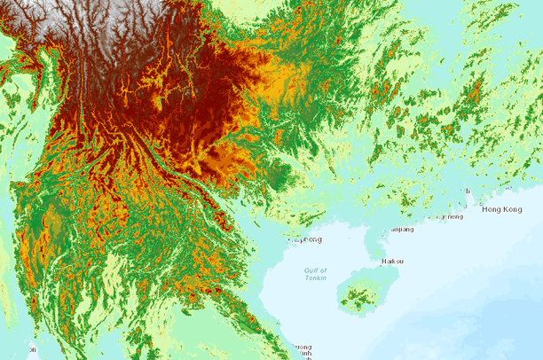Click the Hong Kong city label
click(x=501, y=209)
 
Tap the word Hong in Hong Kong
click(x=491, y=209)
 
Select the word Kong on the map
click(x=512, y=209)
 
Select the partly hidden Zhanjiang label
click(x=401, y=229)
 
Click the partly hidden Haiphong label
click(x=307, y=239)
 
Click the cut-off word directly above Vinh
click(x=303, y=346)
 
